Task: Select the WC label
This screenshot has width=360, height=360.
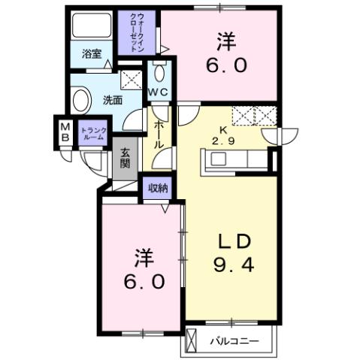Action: coord(159,92)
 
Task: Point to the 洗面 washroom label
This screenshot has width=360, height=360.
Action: coord(113,98)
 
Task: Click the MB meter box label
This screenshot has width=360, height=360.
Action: coord(65,132)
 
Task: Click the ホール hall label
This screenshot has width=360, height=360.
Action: coord(159,135)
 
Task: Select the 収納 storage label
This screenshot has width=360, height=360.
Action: coord(157,187)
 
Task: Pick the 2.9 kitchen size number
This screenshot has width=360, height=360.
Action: coord(222,140)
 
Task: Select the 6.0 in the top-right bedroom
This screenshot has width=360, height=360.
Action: coord(222,65)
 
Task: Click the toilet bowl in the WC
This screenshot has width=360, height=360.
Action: coord(159,73)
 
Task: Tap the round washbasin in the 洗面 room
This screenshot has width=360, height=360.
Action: coord(79,100)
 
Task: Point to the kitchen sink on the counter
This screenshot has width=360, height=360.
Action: coord(219,159)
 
